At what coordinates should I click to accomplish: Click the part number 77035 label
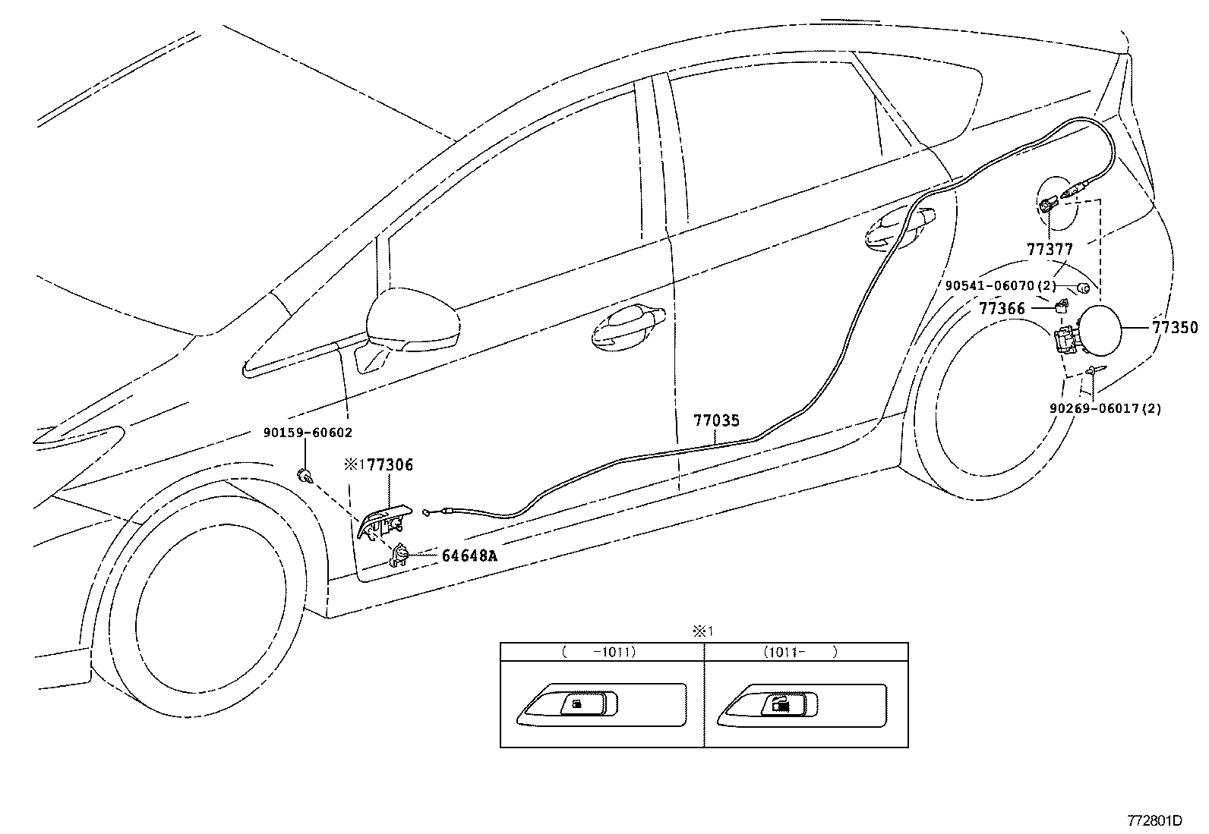715,420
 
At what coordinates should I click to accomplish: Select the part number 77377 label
1050,249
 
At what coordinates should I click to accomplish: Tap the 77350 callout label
1175,328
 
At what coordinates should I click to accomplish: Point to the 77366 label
1002,309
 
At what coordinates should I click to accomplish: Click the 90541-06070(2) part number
1000,286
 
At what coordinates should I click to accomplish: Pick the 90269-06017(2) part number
1105,408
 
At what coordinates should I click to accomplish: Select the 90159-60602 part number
308,433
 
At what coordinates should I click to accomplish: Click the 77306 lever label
390,465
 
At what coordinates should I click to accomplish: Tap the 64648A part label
469,555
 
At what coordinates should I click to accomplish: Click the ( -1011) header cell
601,652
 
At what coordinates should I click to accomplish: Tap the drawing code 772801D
1154,820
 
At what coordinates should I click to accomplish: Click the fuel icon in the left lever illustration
578,705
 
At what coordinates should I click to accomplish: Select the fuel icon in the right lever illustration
781,706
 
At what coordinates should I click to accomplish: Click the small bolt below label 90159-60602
305,477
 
